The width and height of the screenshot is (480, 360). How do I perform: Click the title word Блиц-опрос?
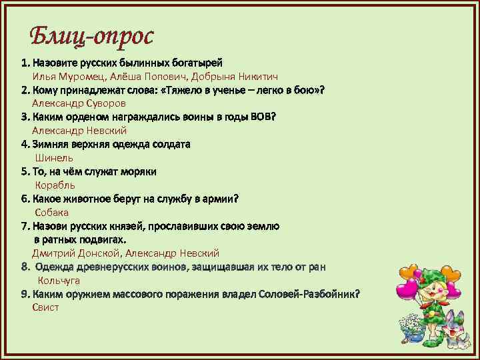point(92,37)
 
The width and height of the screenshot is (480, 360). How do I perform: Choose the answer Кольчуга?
point(59,281)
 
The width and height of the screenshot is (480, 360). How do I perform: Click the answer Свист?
point(45,307)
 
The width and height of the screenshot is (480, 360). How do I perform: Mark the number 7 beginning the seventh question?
point(24,226)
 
